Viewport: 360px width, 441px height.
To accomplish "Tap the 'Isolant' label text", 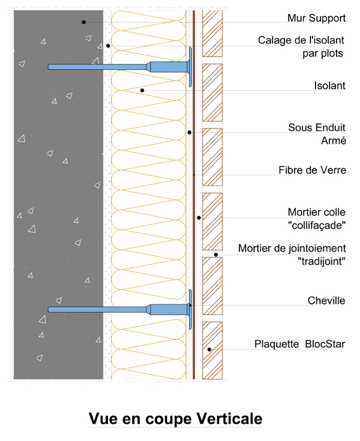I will [330, 86].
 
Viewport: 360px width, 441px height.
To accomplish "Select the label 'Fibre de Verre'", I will [312, 170].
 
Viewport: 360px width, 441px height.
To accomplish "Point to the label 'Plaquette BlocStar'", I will [300, 345].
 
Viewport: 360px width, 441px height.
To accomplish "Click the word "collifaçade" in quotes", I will [317, 224].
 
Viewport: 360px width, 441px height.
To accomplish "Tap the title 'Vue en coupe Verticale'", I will [175, 419].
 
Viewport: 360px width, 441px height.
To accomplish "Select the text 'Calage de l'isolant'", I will [302, 41].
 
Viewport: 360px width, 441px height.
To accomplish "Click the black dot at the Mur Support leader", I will [83, 22].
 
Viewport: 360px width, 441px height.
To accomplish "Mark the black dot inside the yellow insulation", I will [142, 91].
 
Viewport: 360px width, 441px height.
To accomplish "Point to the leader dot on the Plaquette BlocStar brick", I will [209, 349].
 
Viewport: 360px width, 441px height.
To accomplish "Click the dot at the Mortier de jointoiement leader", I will [216, 255].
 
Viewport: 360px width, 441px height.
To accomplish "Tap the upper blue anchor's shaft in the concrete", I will [95, 67].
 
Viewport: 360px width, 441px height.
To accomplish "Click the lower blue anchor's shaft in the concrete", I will [95, 309].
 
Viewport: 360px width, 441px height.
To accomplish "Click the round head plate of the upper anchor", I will [190, 66].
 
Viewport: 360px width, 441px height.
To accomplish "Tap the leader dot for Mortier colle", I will [199, 217].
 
